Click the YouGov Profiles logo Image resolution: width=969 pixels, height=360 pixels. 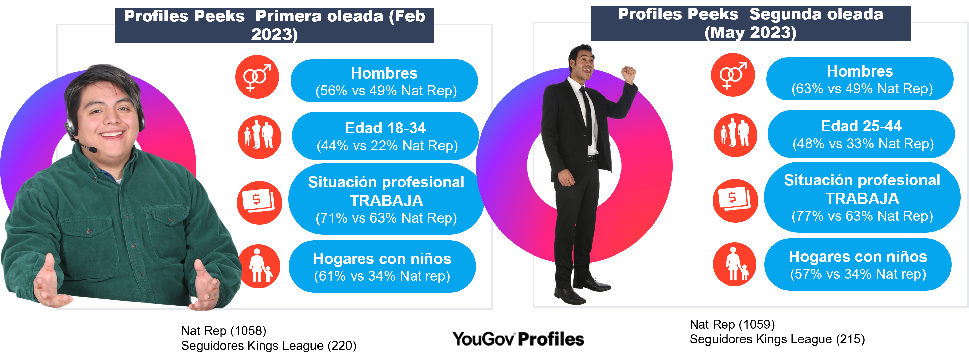(518, 339)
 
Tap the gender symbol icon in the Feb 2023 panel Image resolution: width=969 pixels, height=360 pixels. (257, 77)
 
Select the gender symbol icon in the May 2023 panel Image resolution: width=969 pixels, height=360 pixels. (733, 75)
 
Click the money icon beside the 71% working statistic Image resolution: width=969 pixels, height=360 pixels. (259, 203)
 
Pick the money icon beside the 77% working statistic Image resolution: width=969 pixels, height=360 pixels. (735, 201)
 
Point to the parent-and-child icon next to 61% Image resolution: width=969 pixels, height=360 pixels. (260, 266)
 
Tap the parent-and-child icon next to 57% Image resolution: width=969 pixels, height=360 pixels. (734, 264)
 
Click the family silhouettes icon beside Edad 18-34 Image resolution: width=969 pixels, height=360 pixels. (259, 137)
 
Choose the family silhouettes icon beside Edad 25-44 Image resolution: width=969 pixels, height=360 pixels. (735, 135)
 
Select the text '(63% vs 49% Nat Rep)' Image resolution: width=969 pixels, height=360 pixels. (862, 89)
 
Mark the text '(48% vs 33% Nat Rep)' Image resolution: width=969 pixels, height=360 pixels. (863, 144)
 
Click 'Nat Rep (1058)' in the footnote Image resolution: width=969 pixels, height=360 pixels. (223, 331)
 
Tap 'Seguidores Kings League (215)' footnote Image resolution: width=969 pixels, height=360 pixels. (777, 339)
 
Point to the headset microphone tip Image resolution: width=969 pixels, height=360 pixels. (94, 150)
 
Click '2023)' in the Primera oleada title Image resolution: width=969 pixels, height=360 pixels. (274, 34)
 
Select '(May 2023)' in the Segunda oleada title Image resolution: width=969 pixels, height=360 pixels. (751, 32)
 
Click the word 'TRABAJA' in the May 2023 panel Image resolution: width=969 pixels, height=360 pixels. (862, 199)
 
